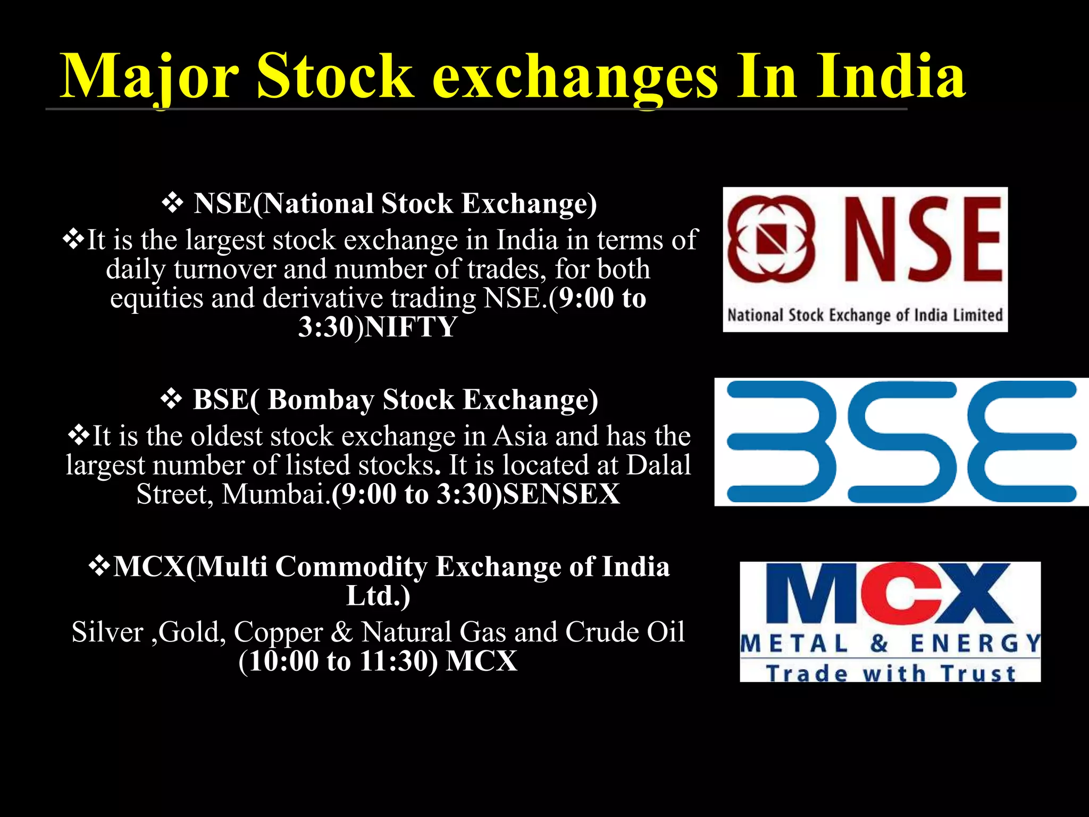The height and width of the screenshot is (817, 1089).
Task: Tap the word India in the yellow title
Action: point(891,77)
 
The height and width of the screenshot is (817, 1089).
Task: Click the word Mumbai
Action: point(274,494)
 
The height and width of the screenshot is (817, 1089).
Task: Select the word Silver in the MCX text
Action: point(107,632)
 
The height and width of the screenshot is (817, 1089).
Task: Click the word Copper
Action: point(278,632)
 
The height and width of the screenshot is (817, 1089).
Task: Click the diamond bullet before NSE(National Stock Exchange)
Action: point(172,203)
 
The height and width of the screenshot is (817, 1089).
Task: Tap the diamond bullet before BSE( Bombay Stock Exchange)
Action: point(171,399)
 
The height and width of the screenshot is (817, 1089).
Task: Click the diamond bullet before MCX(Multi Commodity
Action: point(99,566)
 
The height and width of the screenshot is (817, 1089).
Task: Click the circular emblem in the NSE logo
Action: point(771,239)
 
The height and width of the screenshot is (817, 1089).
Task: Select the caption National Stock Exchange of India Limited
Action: point(865,315)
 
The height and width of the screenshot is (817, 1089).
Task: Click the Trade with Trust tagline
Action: point(891,673)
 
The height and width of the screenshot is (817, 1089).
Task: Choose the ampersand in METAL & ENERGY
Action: point(879,644)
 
